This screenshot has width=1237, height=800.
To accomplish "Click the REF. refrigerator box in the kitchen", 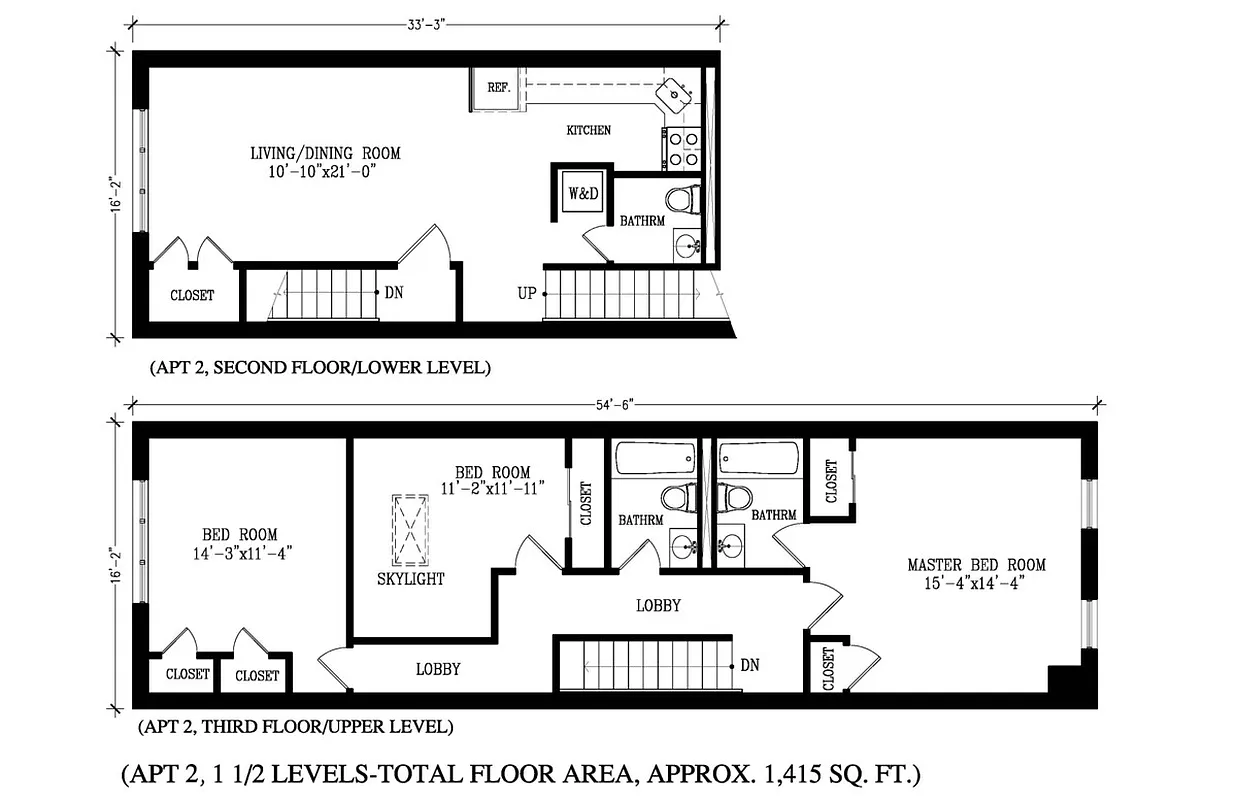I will coord(496,88).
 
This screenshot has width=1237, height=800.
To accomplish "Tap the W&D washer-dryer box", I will coord(583,194).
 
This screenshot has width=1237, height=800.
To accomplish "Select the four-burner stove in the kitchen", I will coord(683,148).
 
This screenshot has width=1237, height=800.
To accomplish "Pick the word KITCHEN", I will coord(588,130).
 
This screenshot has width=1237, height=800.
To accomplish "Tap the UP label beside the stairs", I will coord(526,293).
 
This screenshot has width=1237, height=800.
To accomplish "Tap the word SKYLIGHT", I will coord(410,579).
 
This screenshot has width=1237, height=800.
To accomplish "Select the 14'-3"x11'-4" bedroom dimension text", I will coord(240,552).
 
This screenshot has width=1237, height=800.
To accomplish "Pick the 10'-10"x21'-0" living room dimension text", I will coord(325,171).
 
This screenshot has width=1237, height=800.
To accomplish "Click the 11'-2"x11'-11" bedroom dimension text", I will coord(492,489).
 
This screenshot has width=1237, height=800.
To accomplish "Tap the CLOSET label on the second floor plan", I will coord(192,295).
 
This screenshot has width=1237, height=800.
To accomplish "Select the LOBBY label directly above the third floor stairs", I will coord(658,605).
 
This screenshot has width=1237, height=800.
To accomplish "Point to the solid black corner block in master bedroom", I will coord(1064,679).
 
